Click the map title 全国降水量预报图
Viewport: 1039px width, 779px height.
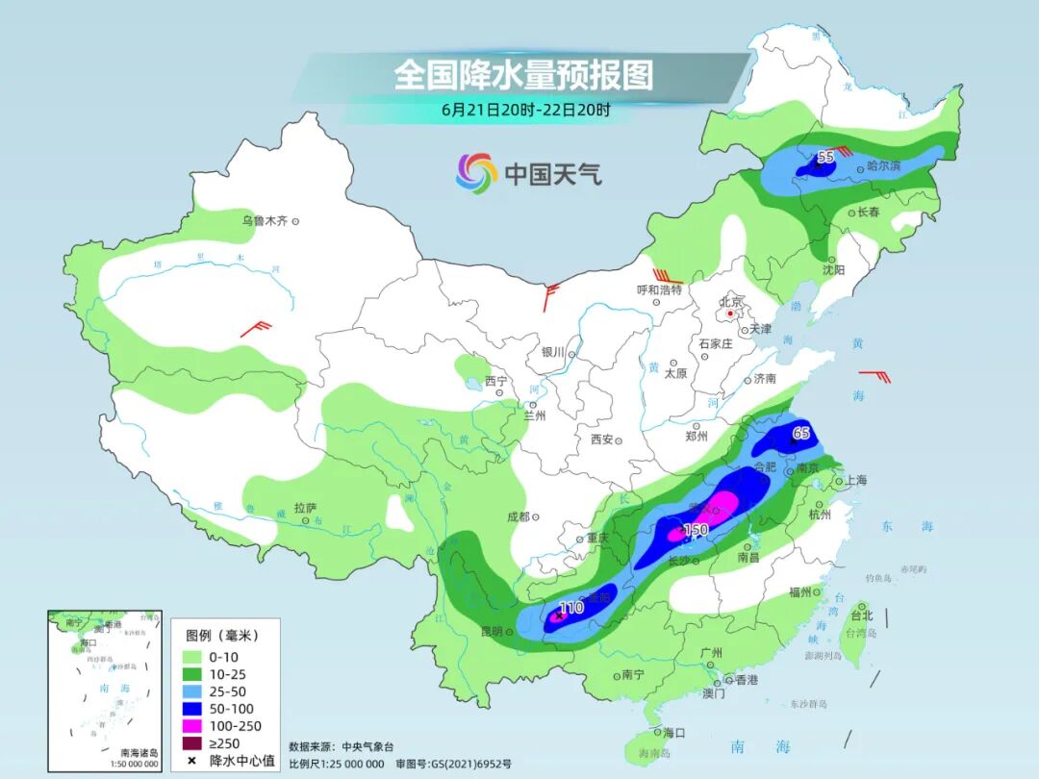point(523,74)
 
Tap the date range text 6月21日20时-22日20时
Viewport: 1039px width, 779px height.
point(525,110)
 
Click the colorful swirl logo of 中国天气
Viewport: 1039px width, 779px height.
point(476,173)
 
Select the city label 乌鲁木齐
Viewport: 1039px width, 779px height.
point(265,221)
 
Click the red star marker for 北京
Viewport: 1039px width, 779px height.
point(730,314)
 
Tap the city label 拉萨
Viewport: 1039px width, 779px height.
point(305,508)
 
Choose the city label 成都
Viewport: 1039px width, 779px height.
point(518,516)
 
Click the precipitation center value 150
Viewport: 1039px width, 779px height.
point(695,530)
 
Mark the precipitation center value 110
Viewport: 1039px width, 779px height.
point(571,608)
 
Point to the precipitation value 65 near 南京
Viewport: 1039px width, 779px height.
point(800,434)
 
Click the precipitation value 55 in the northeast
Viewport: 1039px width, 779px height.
point(825,157)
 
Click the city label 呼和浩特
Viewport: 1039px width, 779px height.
point(659,289)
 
